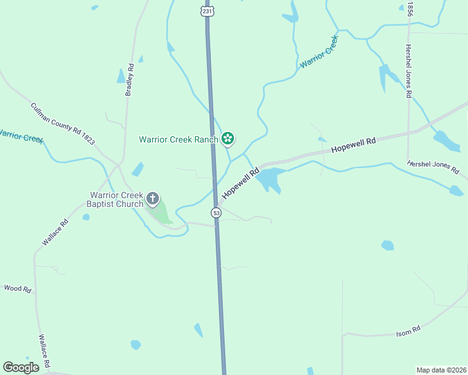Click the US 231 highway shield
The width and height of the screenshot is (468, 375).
[207, 11]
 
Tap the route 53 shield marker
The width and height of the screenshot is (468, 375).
[216, 212]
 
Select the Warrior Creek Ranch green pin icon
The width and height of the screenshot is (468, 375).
[228, 139]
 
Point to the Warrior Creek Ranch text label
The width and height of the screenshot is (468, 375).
[178, 139]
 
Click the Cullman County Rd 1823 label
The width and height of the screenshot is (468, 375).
[63, 124]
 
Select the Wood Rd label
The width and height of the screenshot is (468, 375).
[18, 289]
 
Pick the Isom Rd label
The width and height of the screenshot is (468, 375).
[408, 331]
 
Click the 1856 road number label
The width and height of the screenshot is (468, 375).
[410, 9]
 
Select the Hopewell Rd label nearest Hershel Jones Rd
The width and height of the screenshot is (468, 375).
[354, 146]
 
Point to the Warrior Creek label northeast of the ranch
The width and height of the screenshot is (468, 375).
[319, 52]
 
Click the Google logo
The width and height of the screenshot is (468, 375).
[21, 367]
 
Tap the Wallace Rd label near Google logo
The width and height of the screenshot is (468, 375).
[44, 352]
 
